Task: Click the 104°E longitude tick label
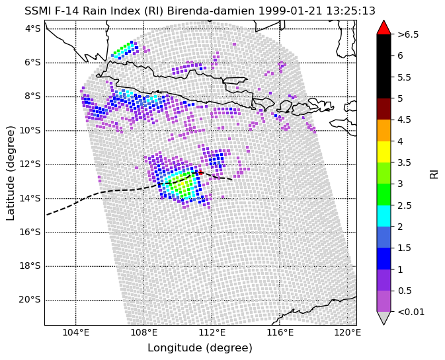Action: click(76, 332)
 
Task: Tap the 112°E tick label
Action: click(212, 332)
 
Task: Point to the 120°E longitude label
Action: click(347, 332)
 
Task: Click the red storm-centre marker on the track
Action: click(200, 172)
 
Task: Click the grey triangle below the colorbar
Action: click(384, 317)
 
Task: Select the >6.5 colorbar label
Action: click(408, 34)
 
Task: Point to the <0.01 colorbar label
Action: click(411, 312)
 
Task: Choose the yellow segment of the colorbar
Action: click(384, 152)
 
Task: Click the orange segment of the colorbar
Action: click(384, 130)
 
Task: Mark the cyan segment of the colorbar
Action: click(384, 216)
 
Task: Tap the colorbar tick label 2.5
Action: click(405, 205)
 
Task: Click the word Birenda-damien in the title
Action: click(211, 11)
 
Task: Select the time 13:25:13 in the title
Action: click(350, 11)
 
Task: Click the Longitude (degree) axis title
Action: click(200, 348)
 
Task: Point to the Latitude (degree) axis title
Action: click(10, 173)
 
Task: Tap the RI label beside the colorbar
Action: click(434, 174)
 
